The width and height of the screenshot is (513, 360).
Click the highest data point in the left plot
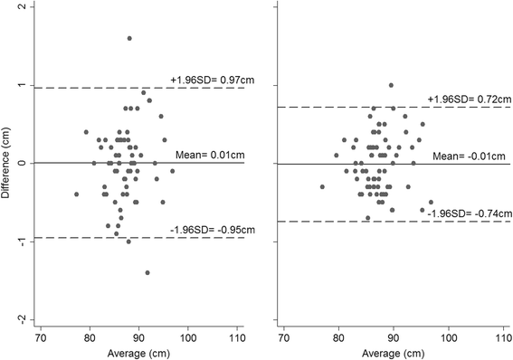tap(129, 38)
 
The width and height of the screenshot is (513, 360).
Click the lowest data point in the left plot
tap(147, 272)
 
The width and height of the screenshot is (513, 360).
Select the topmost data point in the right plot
tap(391, 85)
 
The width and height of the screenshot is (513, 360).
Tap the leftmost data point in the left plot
tap(76, 194)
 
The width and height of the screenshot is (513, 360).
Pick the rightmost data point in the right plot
tap(431, 203)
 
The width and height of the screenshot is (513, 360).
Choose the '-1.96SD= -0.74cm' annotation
tap(457, 213)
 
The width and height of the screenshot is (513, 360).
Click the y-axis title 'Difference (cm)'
tap(8, 164)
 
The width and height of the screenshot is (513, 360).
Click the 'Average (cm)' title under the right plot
tap(391, 351)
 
